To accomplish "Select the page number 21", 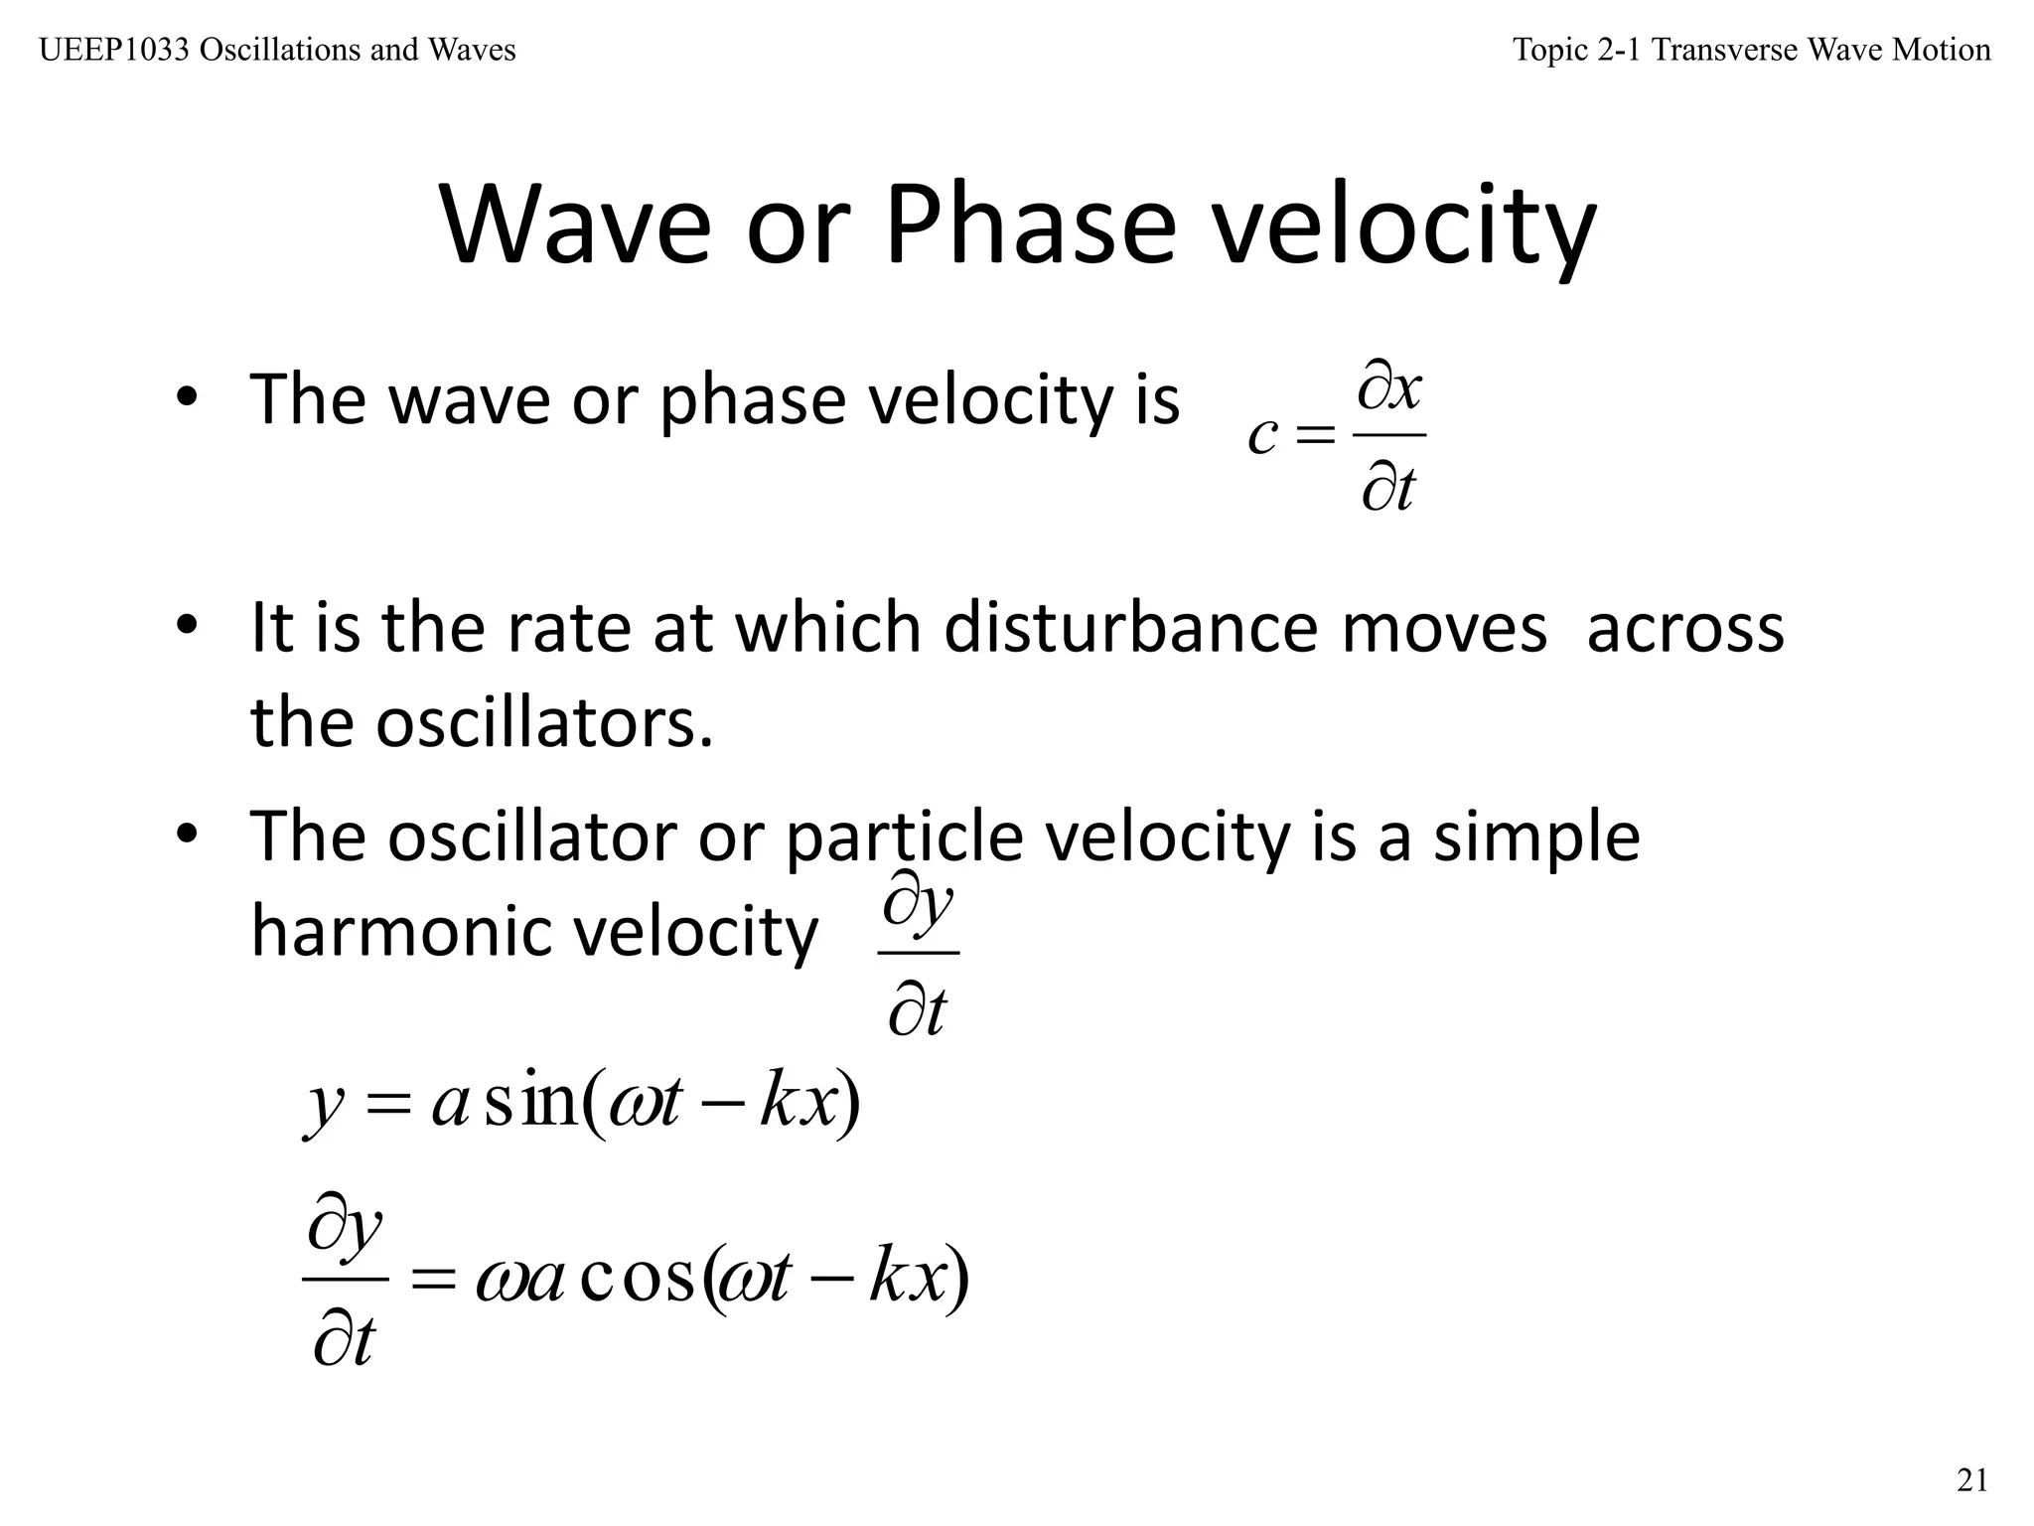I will (x=1972, y=1480).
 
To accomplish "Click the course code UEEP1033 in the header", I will (x=114, y=50).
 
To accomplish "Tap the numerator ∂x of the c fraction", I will (x=1390, y=388).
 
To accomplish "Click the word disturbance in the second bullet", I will (x=1131, y=628).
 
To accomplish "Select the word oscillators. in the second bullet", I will (x=544, y=722).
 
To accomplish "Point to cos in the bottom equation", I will (x=636, y=1278).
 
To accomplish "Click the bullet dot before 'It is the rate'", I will (x=187, y=626).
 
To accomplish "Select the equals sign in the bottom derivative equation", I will (x=433, y=1280).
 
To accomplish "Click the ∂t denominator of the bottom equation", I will (x=344, y=1340).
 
